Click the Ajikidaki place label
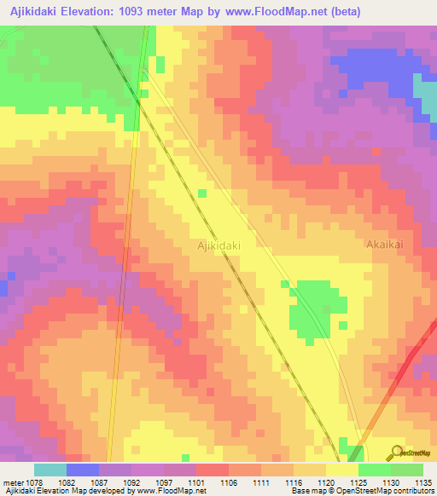coord(218,245)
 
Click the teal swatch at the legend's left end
coord(50,470)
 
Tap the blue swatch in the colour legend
coord(83,470)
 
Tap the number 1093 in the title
coord(126,11)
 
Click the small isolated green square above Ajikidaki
coord(201,193)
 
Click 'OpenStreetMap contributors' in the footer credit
coord(393,491)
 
